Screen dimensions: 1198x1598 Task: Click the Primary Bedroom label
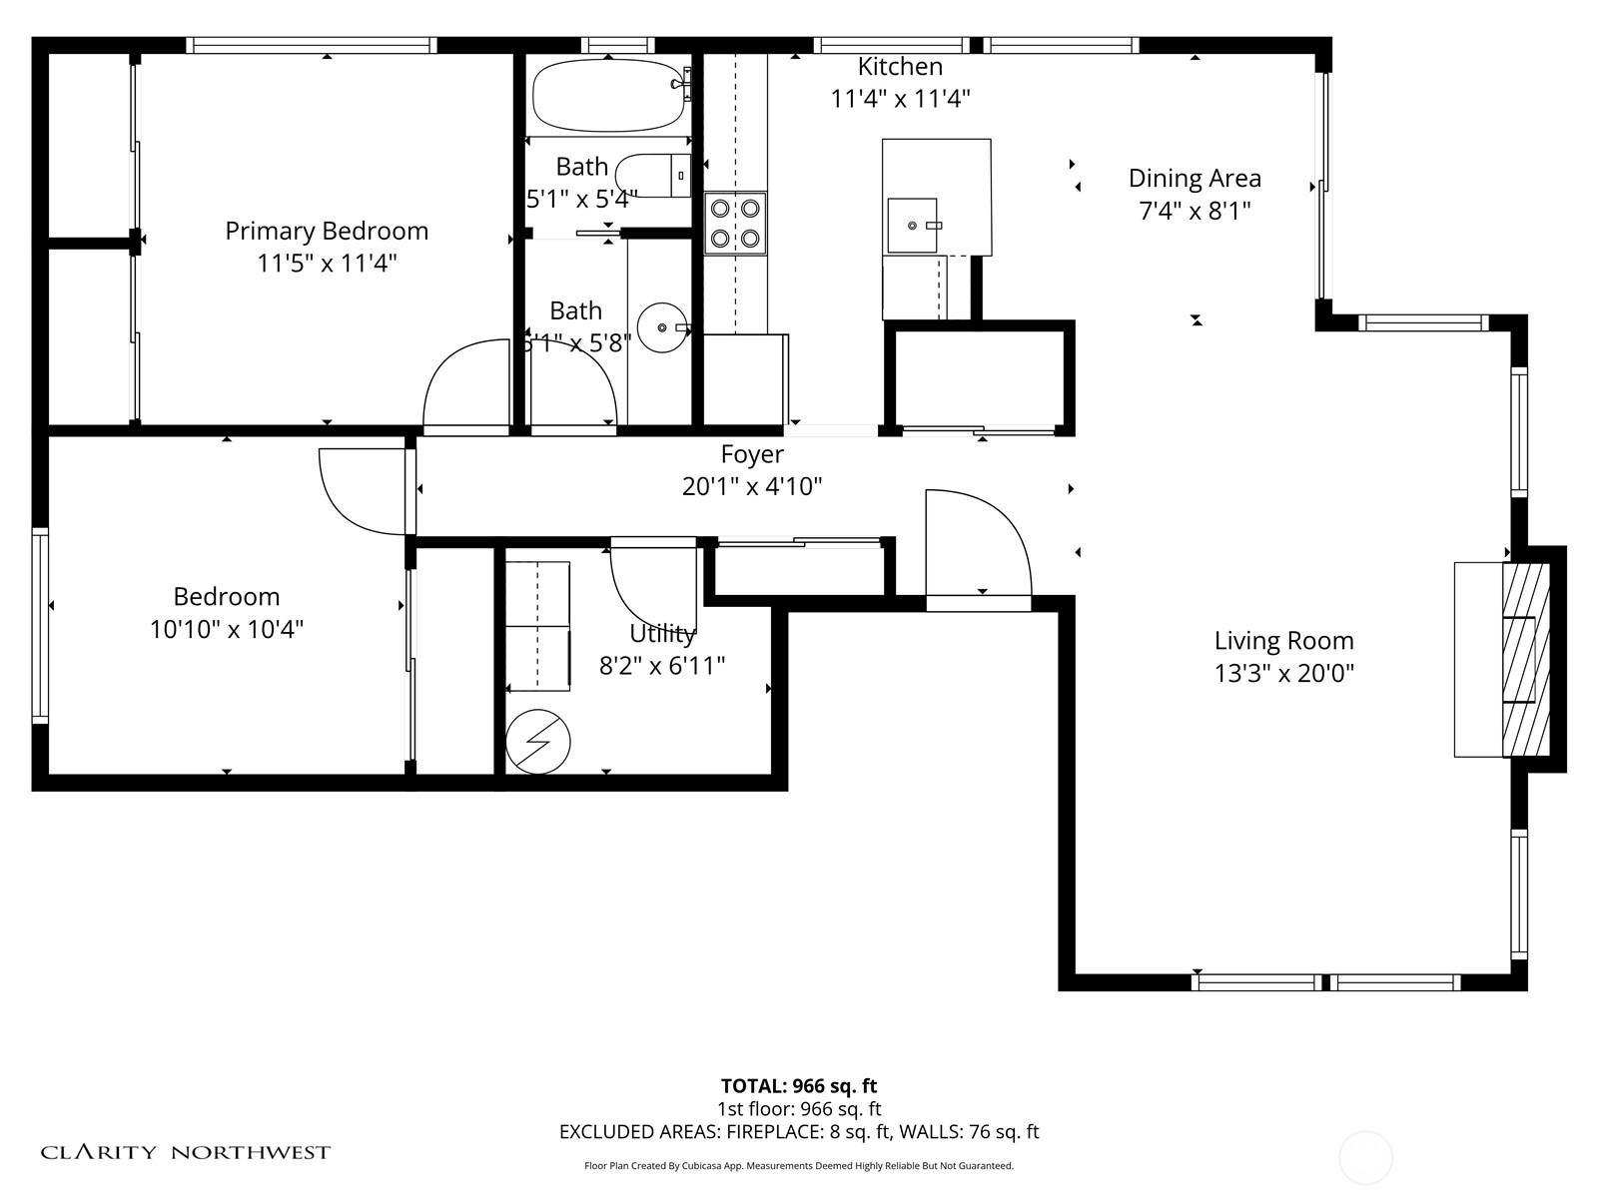[327, 231]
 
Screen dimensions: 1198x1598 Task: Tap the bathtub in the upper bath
[607, 96]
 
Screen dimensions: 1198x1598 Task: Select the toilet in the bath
[653, 176]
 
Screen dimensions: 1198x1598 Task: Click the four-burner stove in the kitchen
[735, 224]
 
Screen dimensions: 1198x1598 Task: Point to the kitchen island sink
[913, 226]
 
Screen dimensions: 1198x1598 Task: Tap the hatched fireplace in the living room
[1525, 660]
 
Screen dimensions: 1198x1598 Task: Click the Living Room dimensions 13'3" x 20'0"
[1283, 674]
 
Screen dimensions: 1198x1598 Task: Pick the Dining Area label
[1195, 179]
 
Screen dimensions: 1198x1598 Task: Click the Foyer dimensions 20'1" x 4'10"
[751, 486]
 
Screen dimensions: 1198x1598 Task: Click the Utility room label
[661, 633]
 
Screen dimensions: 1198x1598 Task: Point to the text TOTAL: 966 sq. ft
[799, 1086]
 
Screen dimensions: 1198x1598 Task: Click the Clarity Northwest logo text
[185, 1152]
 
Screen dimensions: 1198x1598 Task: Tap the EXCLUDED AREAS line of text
[799, 1132]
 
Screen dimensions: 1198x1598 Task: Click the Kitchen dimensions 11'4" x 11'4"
[900, 99]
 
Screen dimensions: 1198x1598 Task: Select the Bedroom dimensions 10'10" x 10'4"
[227, 630]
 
